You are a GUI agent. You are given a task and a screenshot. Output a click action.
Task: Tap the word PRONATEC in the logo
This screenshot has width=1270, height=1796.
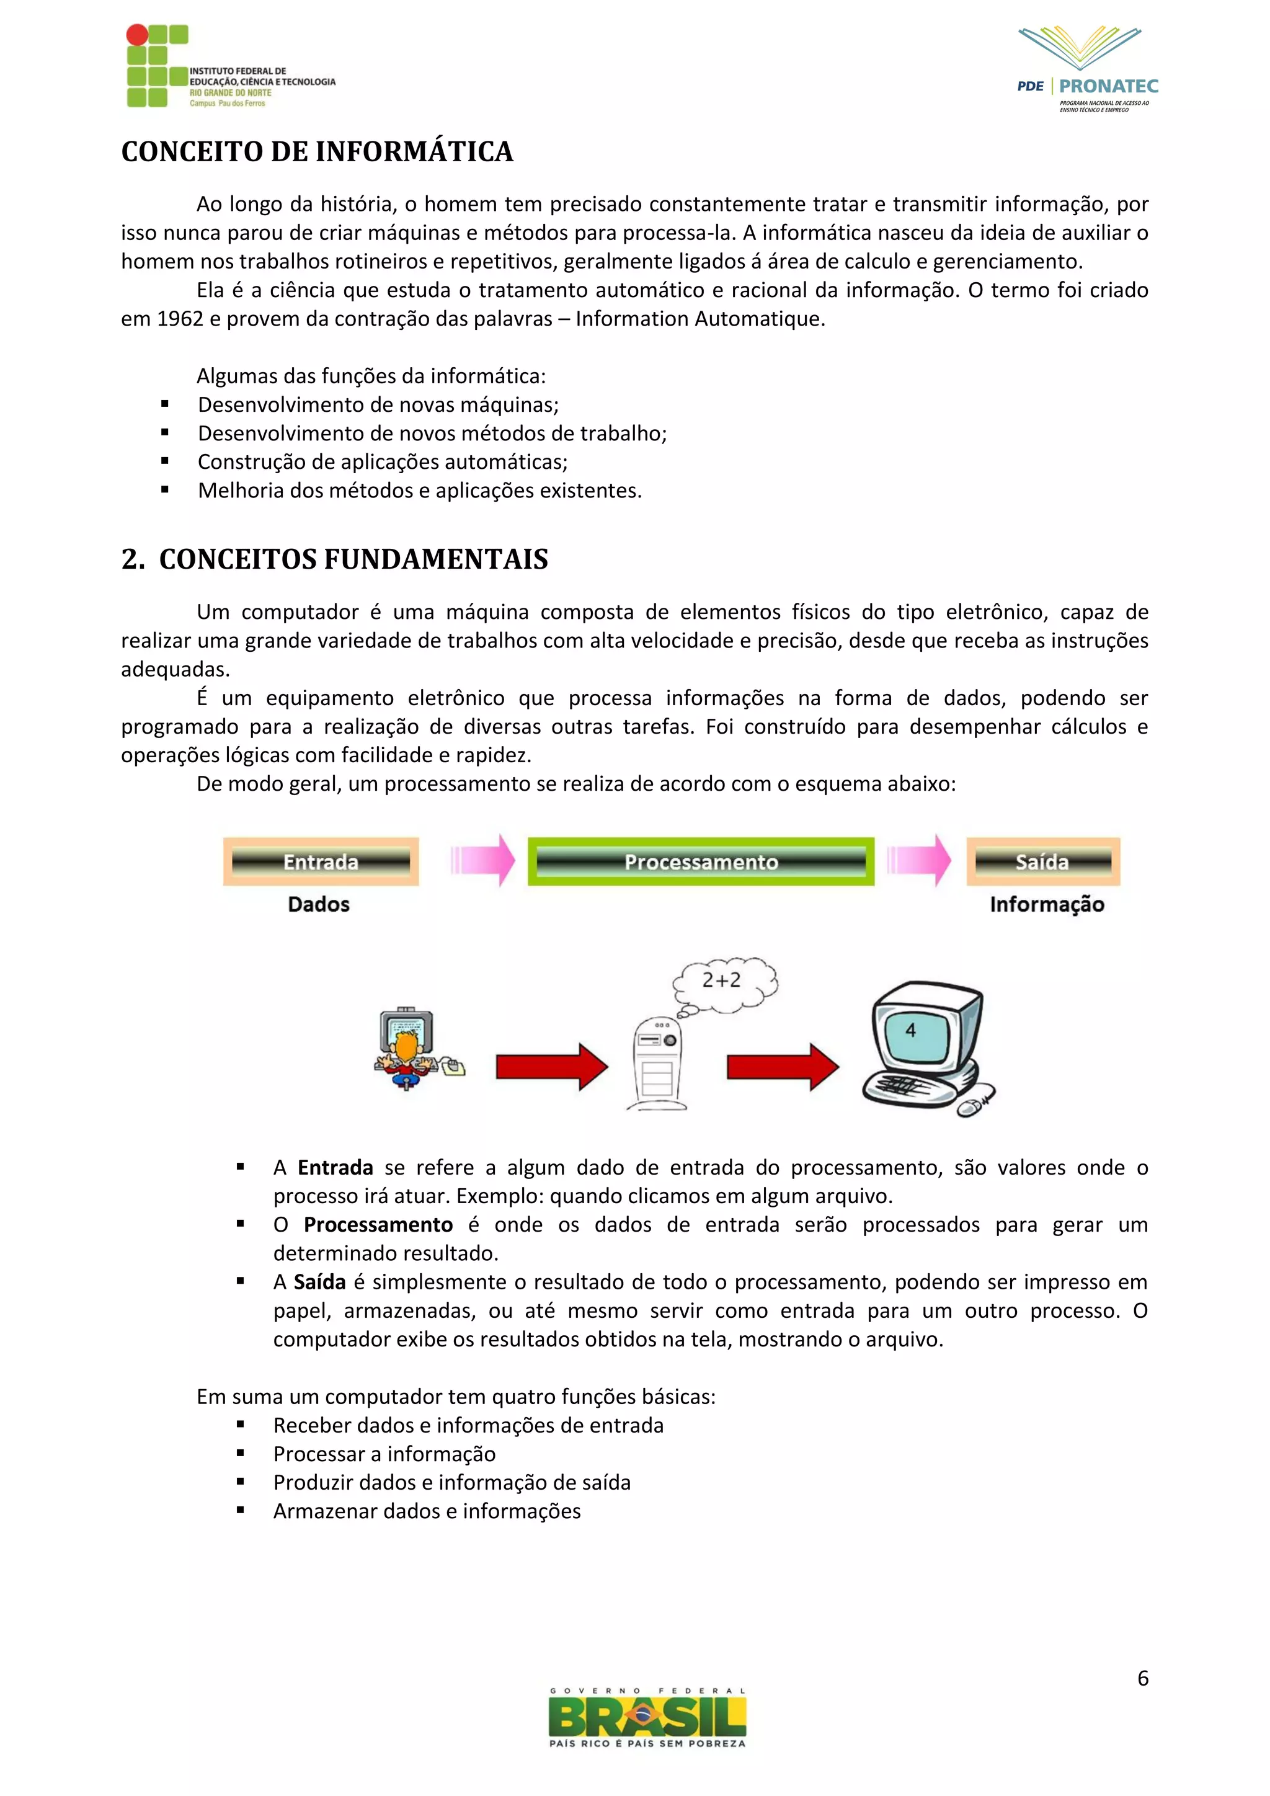(1108, 86)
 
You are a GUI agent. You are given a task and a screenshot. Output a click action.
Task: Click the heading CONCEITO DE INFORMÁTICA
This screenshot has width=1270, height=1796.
(317, 152)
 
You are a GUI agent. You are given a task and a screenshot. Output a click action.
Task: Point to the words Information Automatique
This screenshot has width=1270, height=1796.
(698, 319)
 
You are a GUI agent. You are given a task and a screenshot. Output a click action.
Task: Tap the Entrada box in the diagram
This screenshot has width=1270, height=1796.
(321, 861)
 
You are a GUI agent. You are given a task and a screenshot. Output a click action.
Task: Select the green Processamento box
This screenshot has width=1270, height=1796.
(701, 861)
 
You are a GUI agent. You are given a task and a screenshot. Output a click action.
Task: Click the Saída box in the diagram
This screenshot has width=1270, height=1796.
(1042, 861)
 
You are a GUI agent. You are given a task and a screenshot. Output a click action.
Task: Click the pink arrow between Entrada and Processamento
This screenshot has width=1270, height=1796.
(482, 860)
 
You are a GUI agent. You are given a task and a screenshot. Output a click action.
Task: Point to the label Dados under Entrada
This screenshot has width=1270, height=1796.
(318, 904)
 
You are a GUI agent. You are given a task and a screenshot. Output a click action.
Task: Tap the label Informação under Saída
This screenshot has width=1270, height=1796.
(1046, 904)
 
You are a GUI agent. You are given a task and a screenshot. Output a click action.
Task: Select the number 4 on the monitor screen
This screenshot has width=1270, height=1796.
(910, 1031)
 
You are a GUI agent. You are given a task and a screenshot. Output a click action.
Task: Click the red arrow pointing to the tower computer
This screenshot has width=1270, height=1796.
(551, 1066)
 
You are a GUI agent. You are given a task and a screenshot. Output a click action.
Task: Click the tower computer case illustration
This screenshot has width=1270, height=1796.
(657, 1064)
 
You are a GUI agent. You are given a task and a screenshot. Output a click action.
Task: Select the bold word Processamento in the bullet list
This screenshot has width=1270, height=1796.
(378, 1225)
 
